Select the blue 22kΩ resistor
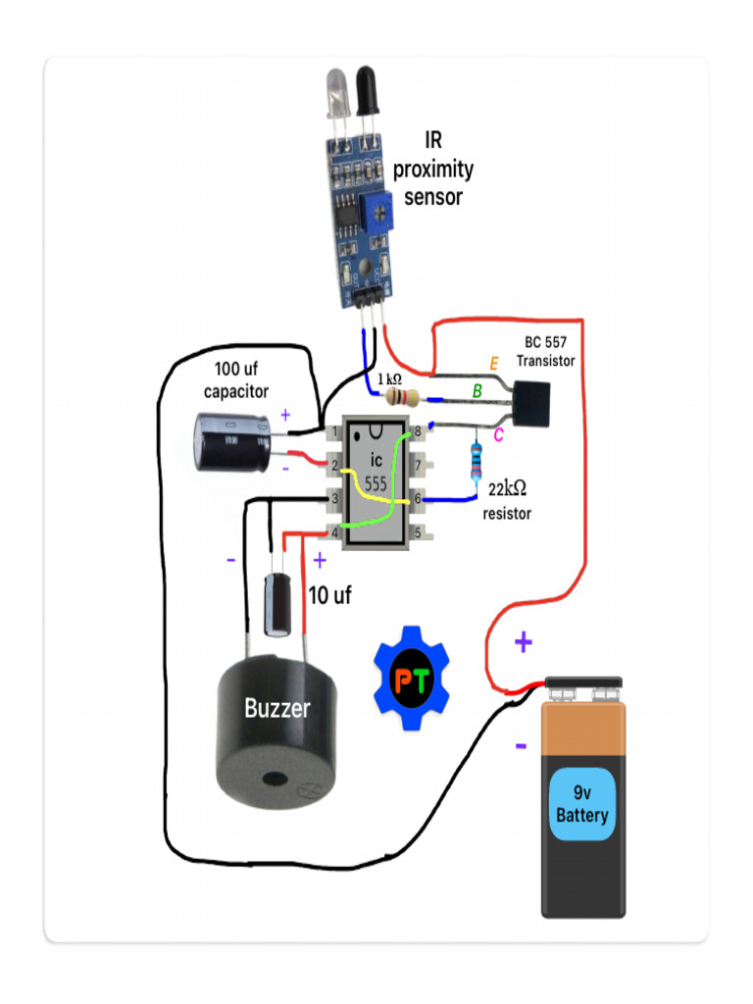(x=477, y=460)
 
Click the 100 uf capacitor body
(x=231, y=442)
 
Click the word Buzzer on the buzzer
(x=277, y=708)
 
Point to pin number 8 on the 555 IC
(x=418, y=431)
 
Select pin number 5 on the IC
(x=418, y=533)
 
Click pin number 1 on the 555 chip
(x=335, y=431)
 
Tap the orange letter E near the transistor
(x=494, y=364)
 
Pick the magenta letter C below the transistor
(x=498, y=435)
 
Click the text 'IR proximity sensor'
(x=433, y=169)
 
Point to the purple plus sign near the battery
(x=524, y=643)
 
